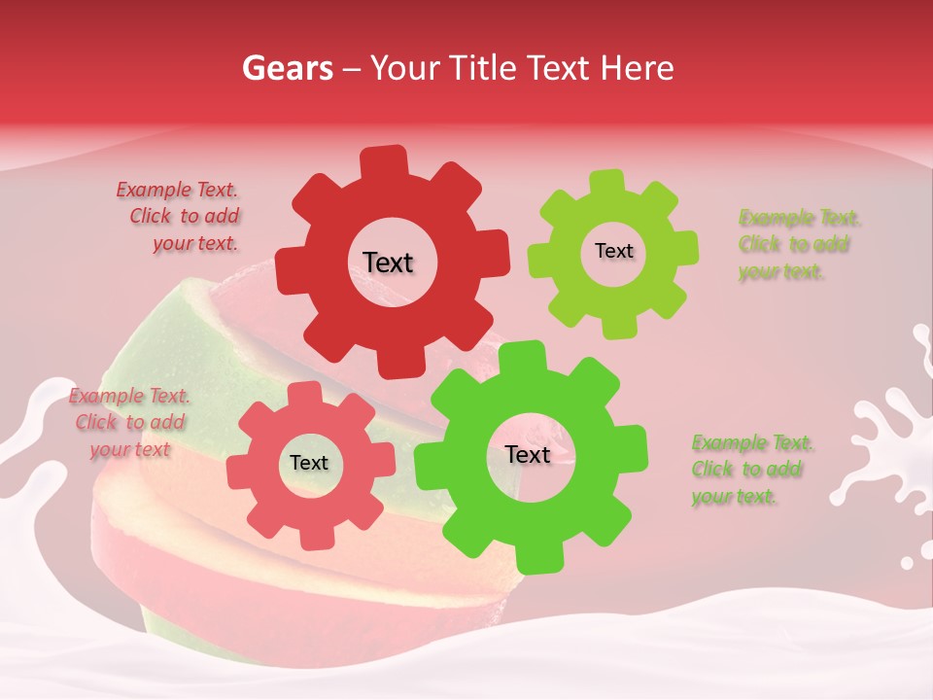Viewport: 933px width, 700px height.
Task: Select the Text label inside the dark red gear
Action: [x=388, y=262]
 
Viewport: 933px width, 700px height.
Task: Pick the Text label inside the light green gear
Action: [x=613, y=251]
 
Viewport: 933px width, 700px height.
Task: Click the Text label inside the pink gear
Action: [x=309, y=463]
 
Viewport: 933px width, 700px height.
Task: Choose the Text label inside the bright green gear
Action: [x=528, y=454]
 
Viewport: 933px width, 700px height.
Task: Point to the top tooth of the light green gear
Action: [x=607, y=183]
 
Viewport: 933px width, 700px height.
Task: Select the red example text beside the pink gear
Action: [x=129, y=422]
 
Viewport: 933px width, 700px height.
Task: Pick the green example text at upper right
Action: [x=797, y=244]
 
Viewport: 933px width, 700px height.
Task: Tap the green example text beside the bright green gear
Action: [x=751, y=470]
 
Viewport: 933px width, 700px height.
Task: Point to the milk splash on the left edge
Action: [x=29, y=428]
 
